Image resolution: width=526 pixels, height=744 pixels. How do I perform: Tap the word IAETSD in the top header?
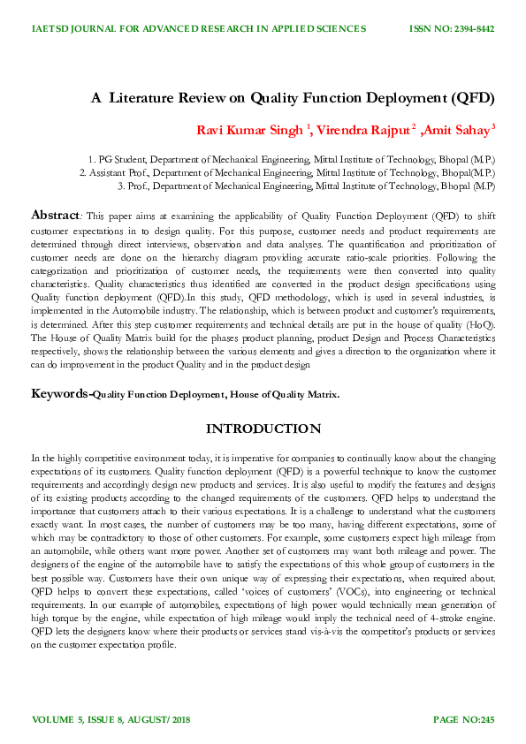[x=50, y=29]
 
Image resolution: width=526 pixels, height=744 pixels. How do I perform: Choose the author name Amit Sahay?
[x=457, y=131]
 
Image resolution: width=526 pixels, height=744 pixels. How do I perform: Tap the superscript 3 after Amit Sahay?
[x=493, y=127]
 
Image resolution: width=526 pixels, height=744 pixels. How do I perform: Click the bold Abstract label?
[x=56, y=215]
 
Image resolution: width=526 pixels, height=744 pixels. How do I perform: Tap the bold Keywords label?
[x=60, y=393]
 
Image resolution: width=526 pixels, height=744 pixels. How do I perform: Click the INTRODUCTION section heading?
[x=263, y=429]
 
